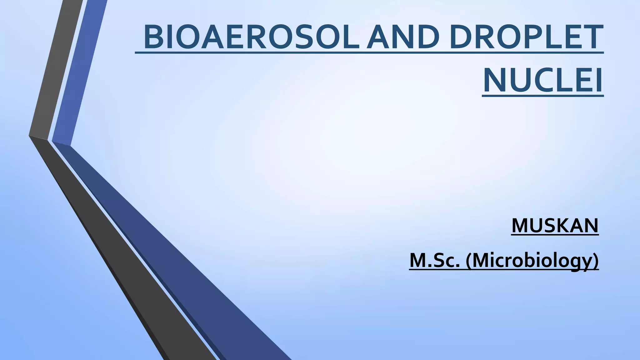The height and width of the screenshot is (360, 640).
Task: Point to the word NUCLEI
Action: point(543,81)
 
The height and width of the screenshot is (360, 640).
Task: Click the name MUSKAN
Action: point(555,225)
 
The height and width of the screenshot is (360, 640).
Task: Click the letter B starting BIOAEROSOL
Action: point(152,37)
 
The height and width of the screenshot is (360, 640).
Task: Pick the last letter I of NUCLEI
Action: point(598,81)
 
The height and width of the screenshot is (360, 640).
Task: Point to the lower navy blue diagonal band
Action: point(175,250)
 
